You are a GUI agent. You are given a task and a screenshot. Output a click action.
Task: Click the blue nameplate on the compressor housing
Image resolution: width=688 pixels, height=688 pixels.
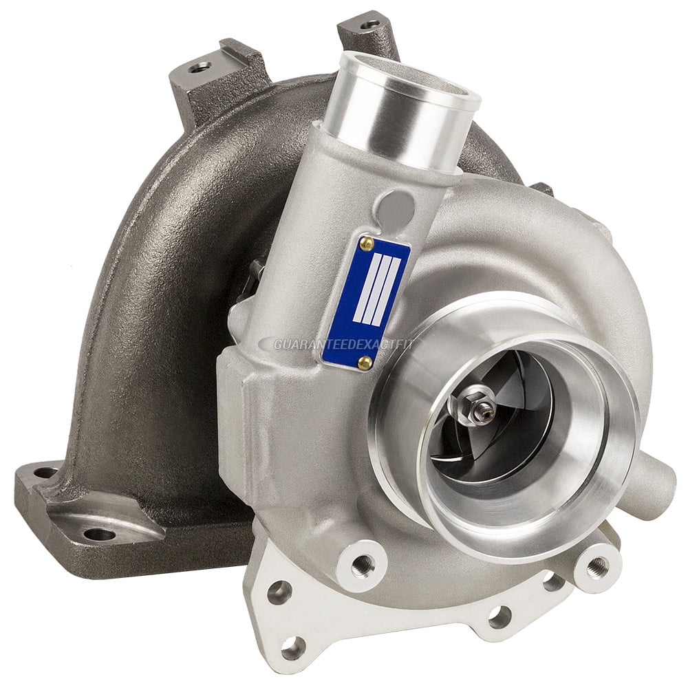(365, 301)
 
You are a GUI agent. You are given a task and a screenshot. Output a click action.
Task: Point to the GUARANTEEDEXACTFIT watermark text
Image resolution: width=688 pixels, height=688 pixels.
(337, 343)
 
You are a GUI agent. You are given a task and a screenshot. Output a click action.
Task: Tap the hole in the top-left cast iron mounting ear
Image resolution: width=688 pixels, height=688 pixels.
(201, 67)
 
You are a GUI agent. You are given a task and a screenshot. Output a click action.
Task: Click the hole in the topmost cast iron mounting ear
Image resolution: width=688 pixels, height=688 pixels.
(372, 24)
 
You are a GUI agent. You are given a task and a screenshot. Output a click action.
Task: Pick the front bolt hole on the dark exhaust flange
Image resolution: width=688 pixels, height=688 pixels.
(101, 533)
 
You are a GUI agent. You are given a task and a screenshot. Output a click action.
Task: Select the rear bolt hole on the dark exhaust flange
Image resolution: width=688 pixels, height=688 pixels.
(46, 473)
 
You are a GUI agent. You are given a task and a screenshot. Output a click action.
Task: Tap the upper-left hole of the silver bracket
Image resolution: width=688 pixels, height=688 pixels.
(279, 590)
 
